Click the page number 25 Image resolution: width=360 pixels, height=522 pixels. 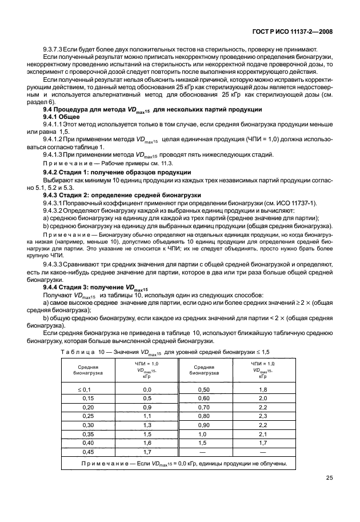click(329, 478)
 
